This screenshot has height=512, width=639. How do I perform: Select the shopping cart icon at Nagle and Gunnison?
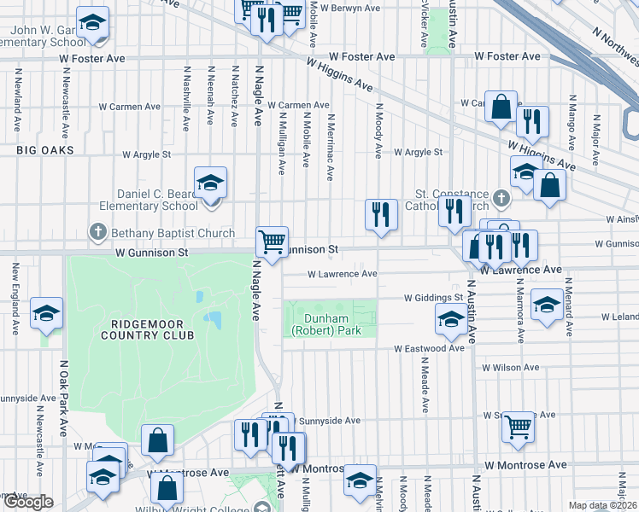tap(272, 242)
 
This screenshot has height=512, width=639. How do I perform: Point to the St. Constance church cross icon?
tap(501, 199)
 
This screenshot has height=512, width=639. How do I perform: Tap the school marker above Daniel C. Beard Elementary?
tap(210, 183)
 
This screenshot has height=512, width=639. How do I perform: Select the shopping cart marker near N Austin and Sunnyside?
tap(519, 427)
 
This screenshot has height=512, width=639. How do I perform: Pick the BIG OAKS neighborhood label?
tap(44, 150)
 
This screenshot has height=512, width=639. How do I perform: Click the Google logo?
tap(28, 503)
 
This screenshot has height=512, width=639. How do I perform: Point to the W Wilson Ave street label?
tap(510, 368)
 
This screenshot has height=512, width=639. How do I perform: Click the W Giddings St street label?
tap(433, 298)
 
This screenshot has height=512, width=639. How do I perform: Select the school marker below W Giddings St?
tap(450, 322)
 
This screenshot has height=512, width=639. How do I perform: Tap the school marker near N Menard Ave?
tap(547, 305)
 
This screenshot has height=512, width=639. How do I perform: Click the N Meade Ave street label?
tap(425, 375)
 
